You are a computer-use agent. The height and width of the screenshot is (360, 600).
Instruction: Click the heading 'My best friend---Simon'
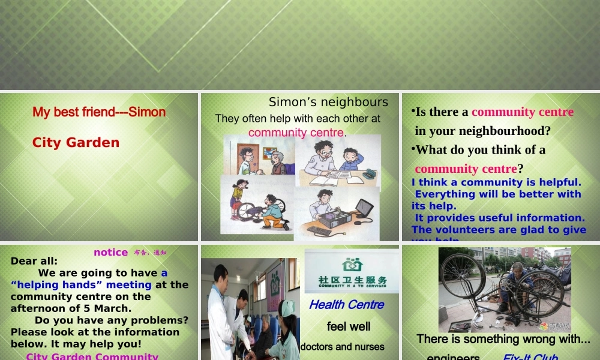99,112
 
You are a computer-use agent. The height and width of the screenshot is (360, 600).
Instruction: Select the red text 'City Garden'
76,143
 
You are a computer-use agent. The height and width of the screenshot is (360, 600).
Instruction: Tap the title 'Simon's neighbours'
328,102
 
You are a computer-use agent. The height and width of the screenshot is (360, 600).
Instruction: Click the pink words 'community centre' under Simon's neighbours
296,133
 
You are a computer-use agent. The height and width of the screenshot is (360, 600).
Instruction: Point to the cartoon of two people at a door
260,157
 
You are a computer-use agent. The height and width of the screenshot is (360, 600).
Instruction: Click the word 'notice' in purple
110,253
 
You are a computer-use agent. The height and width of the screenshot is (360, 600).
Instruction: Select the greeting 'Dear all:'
34,261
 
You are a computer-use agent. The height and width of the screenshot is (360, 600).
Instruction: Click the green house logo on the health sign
352,263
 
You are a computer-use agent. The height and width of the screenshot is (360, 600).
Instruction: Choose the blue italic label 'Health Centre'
346,305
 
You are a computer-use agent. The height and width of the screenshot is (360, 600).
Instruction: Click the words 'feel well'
348,327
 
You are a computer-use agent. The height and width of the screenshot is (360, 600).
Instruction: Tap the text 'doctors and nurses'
342,347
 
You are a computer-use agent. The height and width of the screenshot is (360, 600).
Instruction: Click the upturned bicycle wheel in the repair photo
463,276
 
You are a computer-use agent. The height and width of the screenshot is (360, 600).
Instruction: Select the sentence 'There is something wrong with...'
503,339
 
